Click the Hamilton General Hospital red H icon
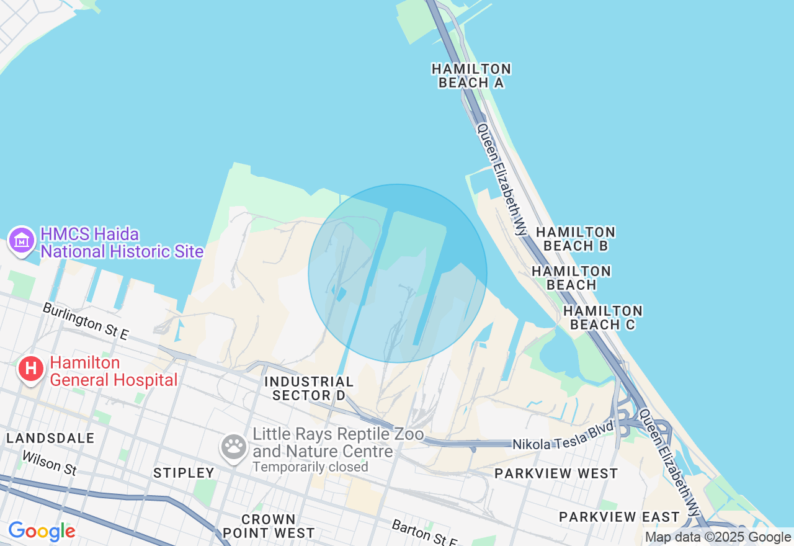[30, 369]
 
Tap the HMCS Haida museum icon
[22, 240]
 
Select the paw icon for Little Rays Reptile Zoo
[234, 445]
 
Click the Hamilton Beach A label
[471, 76]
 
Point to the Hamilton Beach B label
[576, 239]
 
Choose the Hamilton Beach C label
[603, 317]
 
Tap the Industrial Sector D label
[309, 388]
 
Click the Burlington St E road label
[86, 321]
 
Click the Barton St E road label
[424, 533]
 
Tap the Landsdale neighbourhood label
[51, 438]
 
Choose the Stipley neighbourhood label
[184, 473]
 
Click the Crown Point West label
[269, 526]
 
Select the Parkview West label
[556, 473]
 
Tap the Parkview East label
[619, 517]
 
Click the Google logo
[42, 531]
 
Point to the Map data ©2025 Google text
[718, 537]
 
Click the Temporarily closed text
[310, 467]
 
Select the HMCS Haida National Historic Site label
[122, 243]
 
